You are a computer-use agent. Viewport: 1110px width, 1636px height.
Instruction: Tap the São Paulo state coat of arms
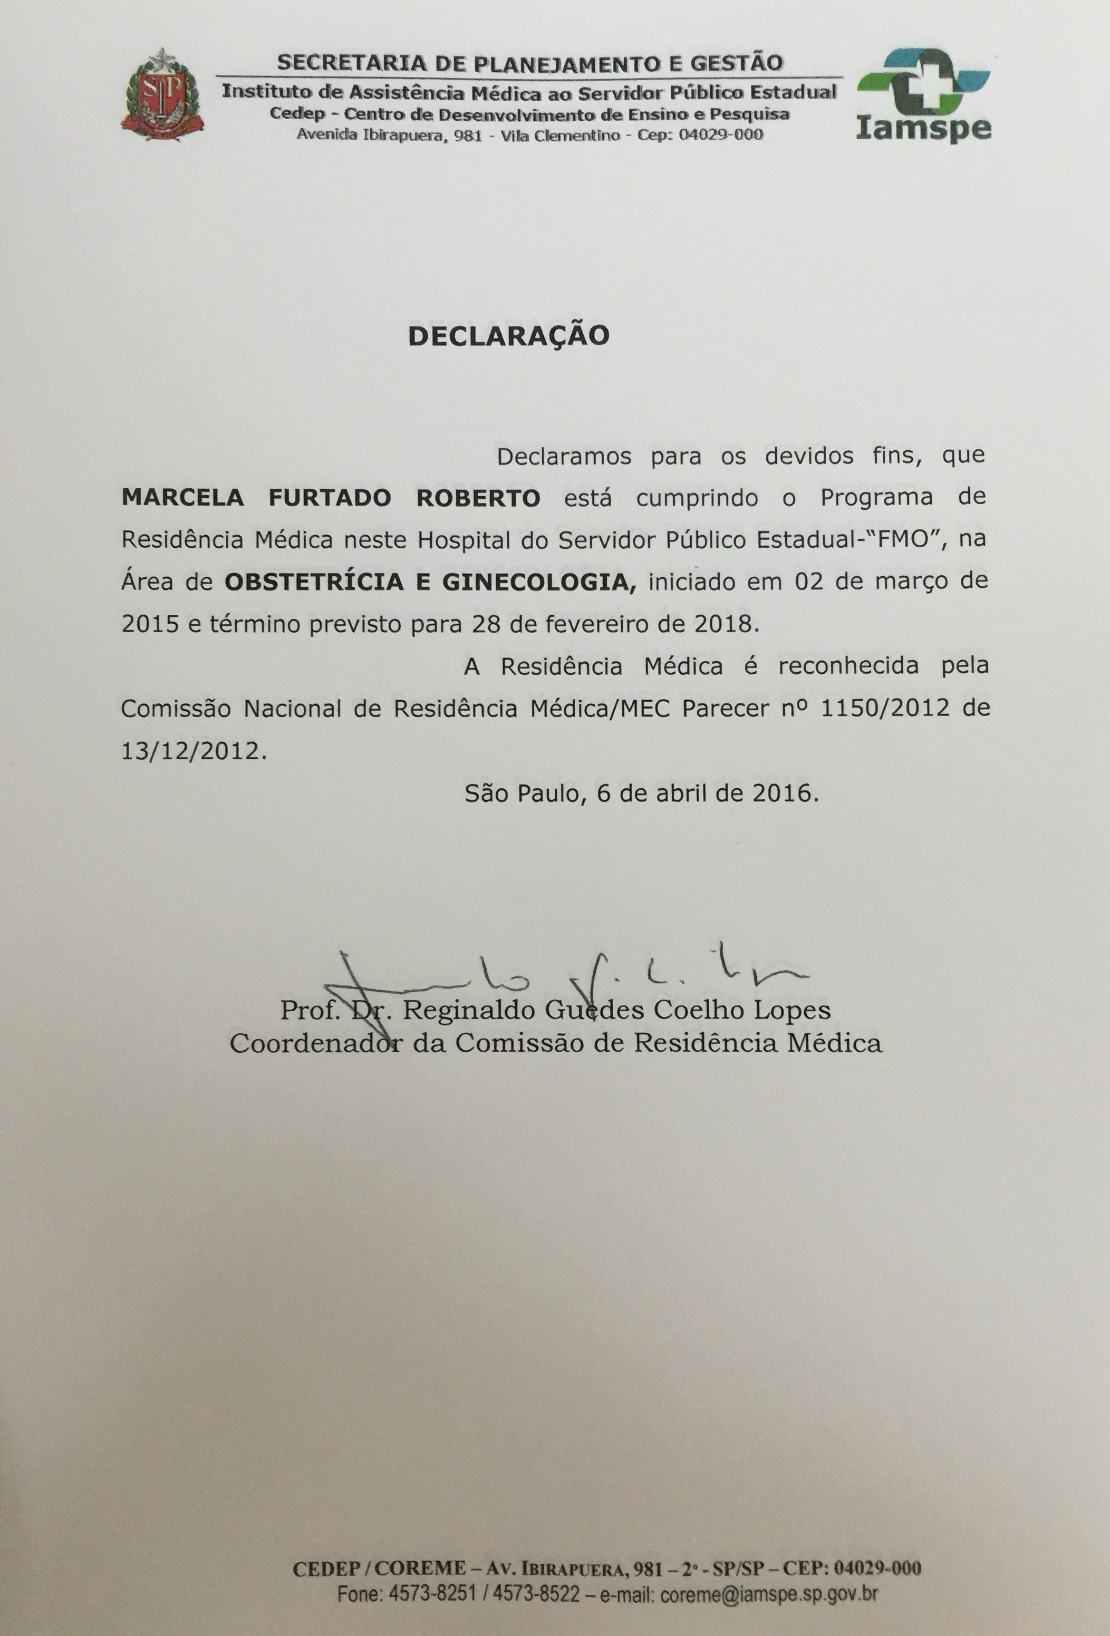[x=162, y=95]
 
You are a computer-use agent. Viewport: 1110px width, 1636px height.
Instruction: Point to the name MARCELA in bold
[x=183, y=498]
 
